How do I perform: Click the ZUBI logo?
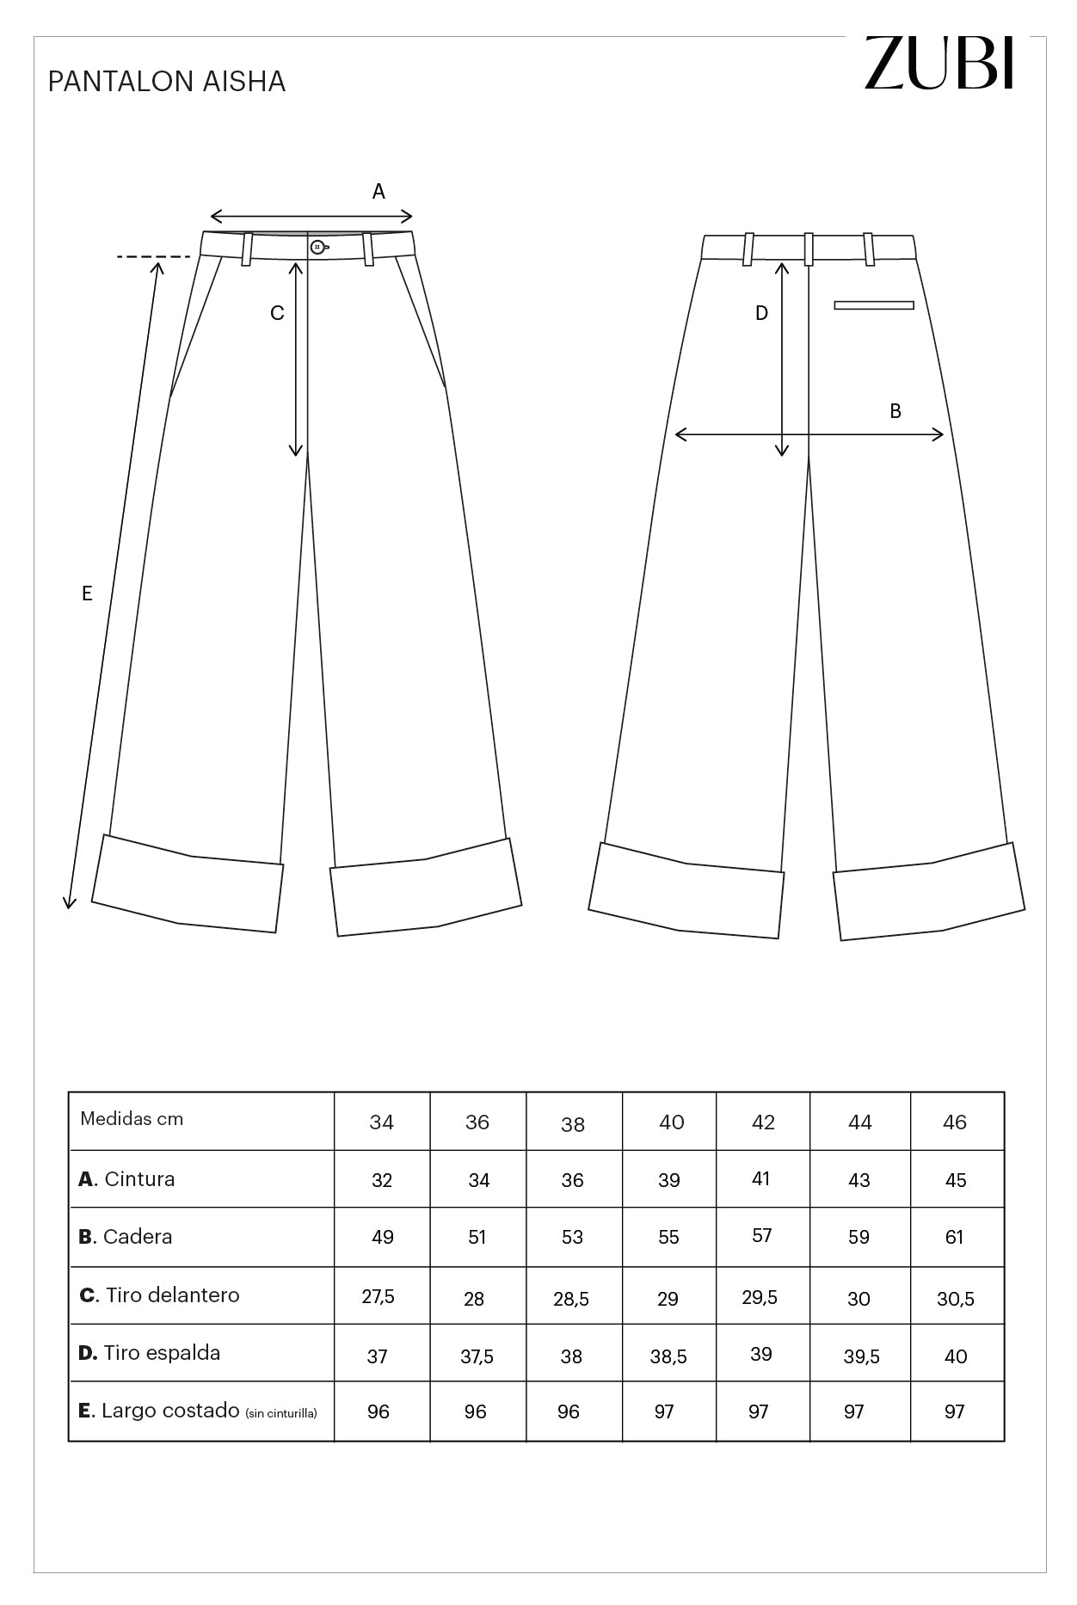pos(939,63)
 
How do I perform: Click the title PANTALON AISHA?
pos(167,82)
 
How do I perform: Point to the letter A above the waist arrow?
pos(378,192)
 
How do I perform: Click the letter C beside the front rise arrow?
pos(277,313)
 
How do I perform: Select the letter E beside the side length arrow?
pos(87,593)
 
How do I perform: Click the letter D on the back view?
pos(761,313)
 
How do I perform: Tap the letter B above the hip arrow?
pos(895,411)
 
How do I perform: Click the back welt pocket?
pos(873,305)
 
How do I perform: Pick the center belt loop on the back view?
pos(809,249)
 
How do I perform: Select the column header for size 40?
pos(671,1122)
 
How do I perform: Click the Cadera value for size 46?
pos(954,1237)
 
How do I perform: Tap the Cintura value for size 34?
pos(382,1180)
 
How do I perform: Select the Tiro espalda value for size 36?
pos(477,1356)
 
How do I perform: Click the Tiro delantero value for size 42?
pos(760,1297)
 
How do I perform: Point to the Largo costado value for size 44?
pos(853,1411)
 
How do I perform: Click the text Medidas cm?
pos(132,1119)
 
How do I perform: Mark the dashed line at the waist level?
pos(153,256)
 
